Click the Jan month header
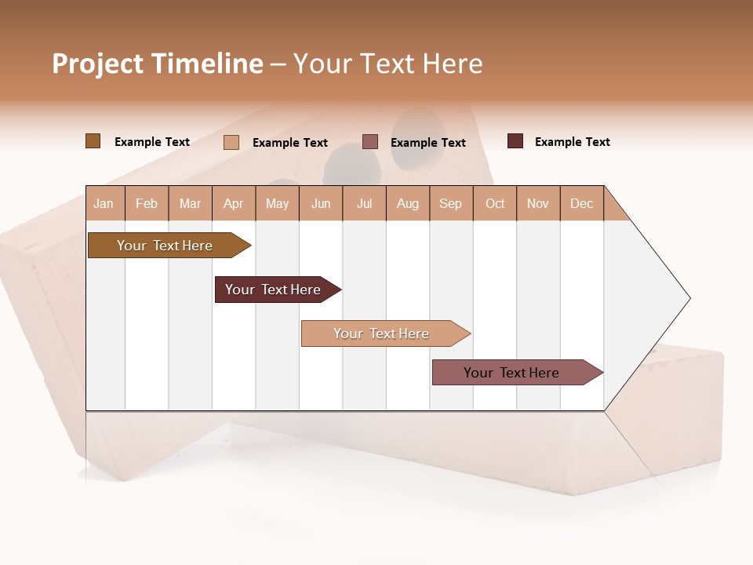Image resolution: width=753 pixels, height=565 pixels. pos(104,203)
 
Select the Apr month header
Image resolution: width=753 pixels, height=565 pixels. pos(233,203)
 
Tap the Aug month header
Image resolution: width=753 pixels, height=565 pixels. pos(407,203)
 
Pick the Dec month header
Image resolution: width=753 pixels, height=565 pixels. pos(581,203)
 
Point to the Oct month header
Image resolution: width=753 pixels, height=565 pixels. pos(495,203)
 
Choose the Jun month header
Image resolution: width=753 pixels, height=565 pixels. pos(321,203)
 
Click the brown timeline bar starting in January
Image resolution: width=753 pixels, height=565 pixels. pos(165,246)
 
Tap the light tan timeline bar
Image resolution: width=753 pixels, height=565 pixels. pos(381,334)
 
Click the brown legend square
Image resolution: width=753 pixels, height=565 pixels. pos(93,141)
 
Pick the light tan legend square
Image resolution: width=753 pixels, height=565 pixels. pos(231,142)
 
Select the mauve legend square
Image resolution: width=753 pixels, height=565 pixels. pos(370,142)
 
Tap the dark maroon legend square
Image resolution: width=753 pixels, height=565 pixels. pos(515,141)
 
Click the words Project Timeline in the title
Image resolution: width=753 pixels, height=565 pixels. pos(157,64)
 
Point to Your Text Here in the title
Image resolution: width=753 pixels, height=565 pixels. pos(387,64)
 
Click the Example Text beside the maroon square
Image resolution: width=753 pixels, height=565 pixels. pos(572,142)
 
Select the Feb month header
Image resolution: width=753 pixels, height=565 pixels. pos(147,203)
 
